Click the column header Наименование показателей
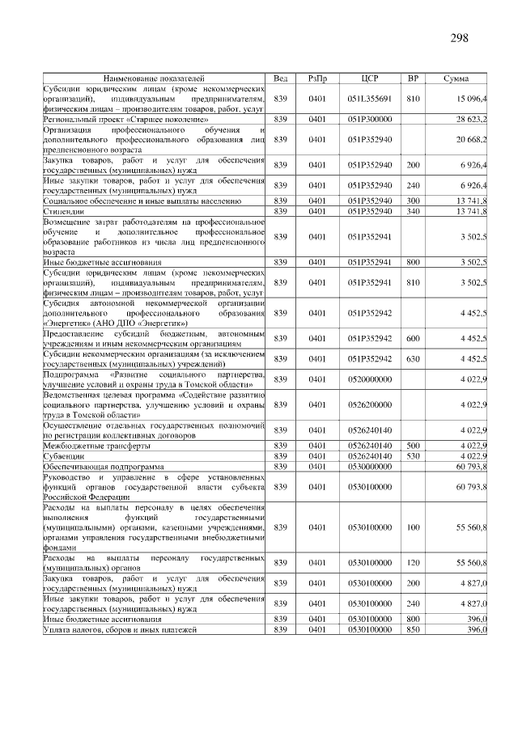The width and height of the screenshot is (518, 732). click(x=154, y=78)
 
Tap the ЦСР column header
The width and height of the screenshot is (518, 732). click(x=370, y=78)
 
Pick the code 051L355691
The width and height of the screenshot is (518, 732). click(x=370, y=98)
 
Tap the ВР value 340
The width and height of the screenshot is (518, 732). click(x=413, y=211)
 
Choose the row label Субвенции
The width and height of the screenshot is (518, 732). click(x=62, y=456)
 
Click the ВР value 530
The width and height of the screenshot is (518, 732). click(x=413, y=456)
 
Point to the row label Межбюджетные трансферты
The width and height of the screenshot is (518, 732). click(x=96, y=446)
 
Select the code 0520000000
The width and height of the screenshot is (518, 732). click(x=370, y=379)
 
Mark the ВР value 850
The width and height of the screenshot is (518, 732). click(x=413, y=629)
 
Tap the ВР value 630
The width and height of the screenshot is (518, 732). click(x=413, y=358)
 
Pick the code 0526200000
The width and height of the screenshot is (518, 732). click(x=370, y=404)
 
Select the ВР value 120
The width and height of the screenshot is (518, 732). click(x=413, y=563)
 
